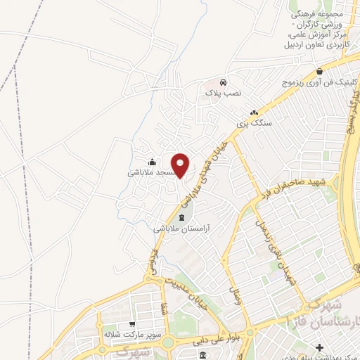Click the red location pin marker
pos(181,165)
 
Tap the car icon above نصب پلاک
pos(223,82)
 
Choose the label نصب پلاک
pos(223,92)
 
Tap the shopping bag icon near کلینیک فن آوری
pos(320,72)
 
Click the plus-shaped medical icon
pos(320,347)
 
